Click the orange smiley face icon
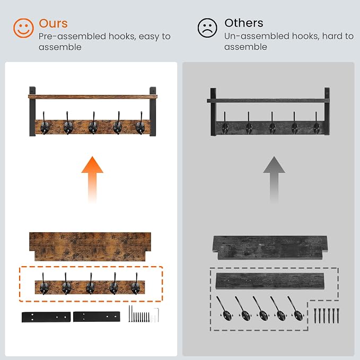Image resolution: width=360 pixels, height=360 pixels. (23, 28)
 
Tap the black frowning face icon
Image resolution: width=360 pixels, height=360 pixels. (207, 28)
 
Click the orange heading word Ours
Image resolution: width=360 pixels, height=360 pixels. (53, 23)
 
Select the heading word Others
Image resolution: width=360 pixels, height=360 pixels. (244, 23)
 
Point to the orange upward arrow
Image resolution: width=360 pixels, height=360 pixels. (92, 179)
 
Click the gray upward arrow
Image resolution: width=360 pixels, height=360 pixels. (274, 179)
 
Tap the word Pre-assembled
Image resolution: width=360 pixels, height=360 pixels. (72, 36)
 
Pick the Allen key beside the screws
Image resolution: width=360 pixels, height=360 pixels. (157, 315)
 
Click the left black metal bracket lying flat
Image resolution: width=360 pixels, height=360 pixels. (46, 317)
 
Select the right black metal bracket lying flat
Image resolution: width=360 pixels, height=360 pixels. (96, 317)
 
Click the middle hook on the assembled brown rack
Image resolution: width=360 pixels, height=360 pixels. (93, 124)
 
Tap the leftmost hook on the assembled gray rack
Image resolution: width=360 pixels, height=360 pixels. (225, 124)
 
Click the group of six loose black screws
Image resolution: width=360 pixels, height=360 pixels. (326, 316)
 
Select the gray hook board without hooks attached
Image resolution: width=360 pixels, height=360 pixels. (270, 280)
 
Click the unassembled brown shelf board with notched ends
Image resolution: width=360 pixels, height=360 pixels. (90, 247)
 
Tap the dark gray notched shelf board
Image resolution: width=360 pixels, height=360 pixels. (270, 248)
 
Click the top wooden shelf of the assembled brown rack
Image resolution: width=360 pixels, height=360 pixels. (93, 96)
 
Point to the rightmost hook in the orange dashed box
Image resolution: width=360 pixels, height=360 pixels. (135, 285)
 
